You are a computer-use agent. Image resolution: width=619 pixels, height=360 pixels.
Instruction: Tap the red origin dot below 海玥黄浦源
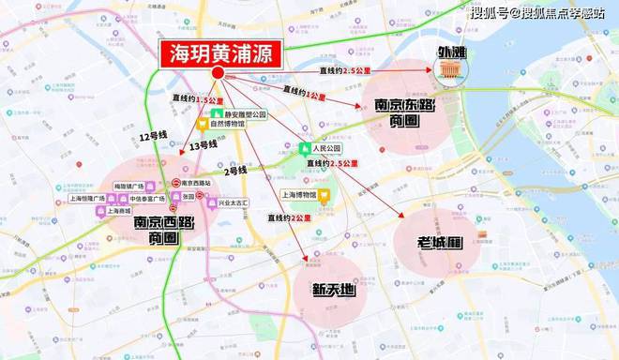(218, 73)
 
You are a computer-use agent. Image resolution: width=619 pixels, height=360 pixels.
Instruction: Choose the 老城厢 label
(439, 243)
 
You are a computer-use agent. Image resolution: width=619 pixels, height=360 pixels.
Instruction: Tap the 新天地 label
(334, 290)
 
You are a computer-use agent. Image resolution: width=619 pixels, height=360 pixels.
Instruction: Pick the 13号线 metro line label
(202, 144)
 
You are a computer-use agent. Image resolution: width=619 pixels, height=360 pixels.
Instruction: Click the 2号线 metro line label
(235, 171)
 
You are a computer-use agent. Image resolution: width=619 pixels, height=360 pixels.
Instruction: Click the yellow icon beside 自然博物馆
(202, 123)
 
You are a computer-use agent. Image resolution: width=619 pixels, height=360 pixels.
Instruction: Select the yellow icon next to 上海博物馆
(324, 196)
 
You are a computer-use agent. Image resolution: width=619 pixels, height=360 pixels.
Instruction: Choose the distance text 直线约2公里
(289, 217)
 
